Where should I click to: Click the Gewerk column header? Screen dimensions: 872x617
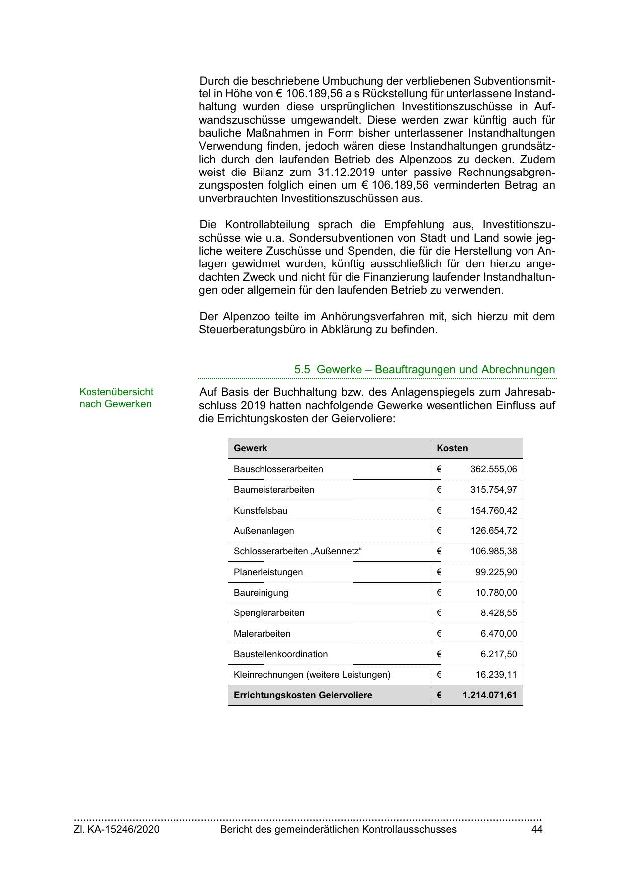pos(250,448)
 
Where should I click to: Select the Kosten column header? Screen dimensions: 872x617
pos(452,448)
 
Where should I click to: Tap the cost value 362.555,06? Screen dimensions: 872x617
pos(493,469)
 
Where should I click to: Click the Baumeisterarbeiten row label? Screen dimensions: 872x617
pos(273,490)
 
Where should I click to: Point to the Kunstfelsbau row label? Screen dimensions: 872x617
pos(260,511)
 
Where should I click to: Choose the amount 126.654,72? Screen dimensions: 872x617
pos(493,531)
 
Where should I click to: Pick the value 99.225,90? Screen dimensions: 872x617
pos(496,572)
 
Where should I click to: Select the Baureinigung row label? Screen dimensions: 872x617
pos(261,593)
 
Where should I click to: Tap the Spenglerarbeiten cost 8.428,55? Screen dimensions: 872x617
pos(498,613)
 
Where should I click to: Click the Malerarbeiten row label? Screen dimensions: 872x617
pos(262,634)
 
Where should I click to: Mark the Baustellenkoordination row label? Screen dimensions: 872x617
pos(280,654)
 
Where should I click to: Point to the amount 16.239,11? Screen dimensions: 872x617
pos(496,675)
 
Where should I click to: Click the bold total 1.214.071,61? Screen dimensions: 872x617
pos(489,695)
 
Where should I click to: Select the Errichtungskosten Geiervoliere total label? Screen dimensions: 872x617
pos(303,695)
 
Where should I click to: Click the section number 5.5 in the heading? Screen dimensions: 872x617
pos(302,370)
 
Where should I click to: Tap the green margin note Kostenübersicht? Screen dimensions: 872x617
pos(116,392)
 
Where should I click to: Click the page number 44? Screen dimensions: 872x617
pos(537,829)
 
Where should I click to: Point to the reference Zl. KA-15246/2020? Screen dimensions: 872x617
pos(116,829)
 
